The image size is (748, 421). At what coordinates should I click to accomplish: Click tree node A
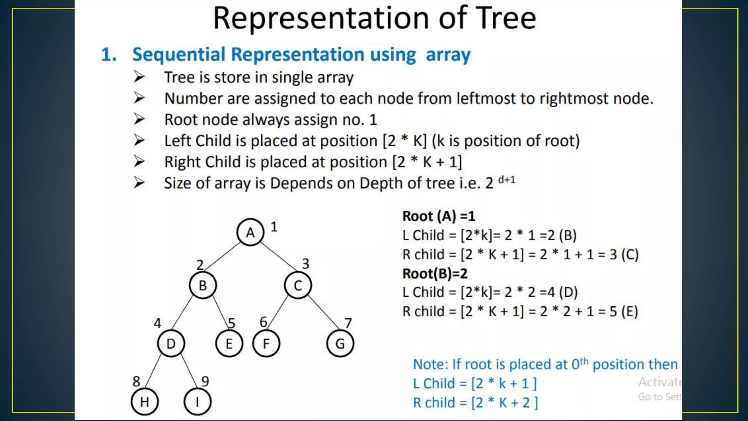click(x=250, y=232)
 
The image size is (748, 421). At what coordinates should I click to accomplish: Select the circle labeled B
click(x=203, y=285)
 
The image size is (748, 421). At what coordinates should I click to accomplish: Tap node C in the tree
click(x=298, y=285)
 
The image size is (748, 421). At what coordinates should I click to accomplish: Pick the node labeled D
click(x=171, y=344)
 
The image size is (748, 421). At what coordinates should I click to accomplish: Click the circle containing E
click(x=229, y=344)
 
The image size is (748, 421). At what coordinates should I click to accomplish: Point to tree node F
click(x=266, y=344)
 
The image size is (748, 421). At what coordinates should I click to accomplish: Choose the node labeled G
click(x=340, y=344)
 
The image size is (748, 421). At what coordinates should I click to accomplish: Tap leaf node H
click(x=144, y=402)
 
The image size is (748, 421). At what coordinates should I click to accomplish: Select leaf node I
click(x=197, y=402)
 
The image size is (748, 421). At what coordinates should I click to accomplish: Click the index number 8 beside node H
click(x=136, y=382)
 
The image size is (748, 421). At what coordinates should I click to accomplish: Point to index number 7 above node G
click(x=348, y=323)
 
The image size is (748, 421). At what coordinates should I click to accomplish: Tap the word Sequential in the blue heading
click(x=179, y=55)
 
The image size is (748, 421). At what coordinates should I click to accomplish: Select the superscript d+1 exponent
click(x=507, y=179)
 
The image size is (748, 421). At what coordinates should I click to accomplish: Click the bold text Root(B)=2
click(x=435, y=273)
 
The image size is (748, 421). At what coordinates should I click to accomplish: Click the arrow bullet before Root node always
click(x=139, y=120)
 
